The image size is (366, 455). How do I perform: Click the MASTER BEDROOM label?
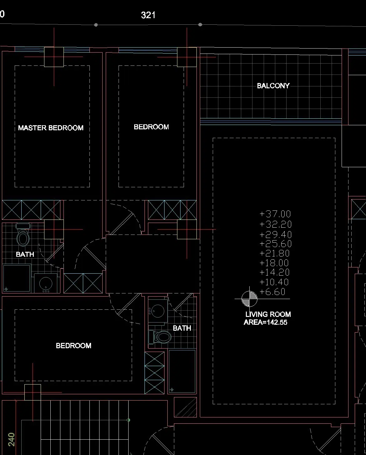[x=51, y=128]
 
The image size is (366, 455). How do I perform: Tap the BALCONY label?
[x=273, y=85]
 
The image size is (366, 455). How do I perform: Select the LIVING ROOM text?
[x=268, y=314]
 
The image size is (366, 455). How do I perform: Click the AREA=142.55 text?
[x=266, y=322]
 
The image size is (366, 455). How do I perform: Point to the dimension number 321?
[x=148, y=15]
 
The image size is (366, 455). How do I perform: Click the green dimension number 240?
[x=11, y=439]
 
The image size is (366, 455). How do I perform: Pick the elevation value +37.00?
[x=275, y=214]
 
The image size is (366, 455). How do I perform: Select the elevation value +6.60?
[x=272, y=292]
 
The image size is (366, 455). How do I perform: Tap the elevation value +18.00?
[x=274, y=263]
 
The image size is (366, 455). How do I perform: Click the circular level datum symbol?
[x=249, y=299]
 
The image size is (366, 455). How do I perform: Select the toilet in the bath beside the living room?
[x=160, y=337]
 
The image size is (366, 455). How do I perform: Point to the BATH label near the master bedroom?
[x=25, y=254]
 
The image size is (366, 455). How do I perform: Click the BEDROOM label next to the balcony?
[x=151, y=127]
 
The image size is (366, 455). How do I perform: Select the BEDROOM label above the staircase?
[x=74, y=346]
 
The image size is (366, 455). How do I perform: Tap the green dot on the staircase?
[x=128, y=420]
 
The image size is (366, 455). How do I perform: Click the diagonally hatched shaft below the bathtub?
[x=185, y=407]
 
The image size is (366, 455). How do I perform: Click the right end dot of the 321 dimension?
[x=200, y=25]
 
